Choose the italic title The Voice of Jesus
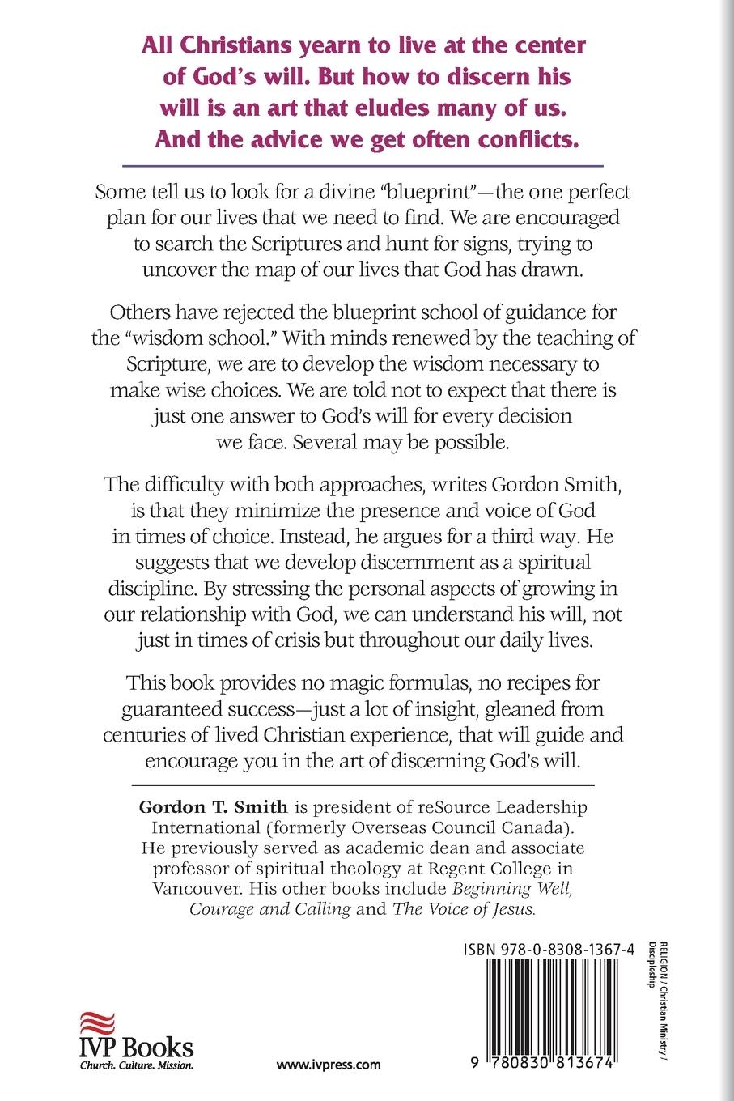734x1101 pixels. pyautogui.click(x=464, y=908)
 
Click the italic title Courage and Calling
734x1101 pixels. pyautogui.click(x=269, y=908)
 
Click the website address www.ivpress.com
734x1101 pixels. pyautogui.click(x=329, y=1065)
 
